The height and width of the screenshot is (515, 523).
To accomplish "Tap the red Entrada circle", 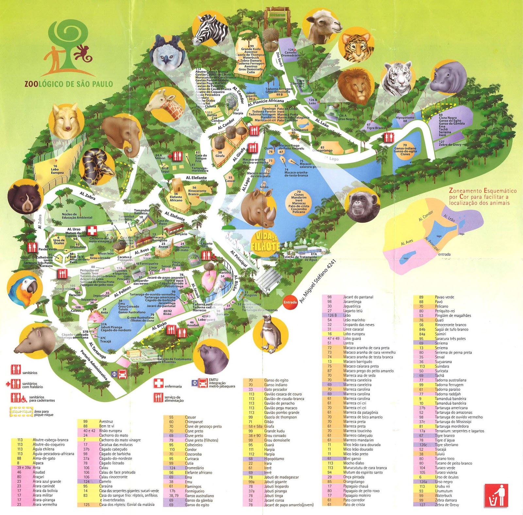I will pos(290,302).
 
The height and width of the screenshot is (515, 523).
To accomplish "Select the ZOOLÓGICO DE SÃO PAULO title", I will pos(69,84).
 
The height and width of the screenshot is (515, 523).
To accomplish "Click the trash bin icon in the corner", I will pos(496,495).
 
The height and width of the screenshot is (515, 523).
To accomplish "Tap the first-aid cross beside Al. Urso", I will pos(92,230).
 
